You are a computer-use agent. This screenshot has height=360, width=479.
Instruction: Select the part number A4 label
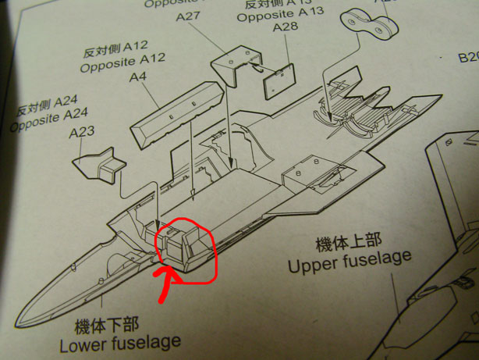(138, 77)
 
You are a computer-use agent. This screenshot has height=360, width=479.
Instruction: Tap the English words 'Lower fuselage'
(120, 342)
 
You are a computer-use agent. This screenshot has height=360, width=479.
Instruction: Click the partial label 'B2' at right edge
(467, 57)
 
